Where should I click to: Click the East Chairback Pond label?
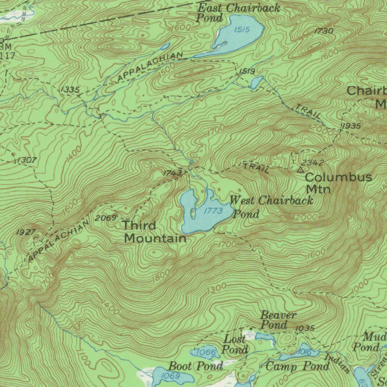tap(238, 12)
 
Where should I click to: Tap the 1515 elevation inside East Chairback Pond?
tap(242, 29)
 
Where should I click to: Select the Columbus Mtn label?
tap(338, 182)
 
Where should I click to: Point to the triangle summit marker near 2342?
tap(300, 170)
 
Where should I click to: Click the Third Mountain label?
tap(155, 232)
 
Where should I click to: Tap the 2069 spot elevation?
tap(105, 218)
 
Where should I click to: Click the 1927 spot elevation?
tap(26, 232)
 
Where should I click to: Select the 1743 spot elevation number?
tap(173, 173)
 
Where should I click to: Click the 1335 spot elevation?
tap(70, 90)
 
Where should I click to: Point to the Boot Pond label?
tap(195, 366)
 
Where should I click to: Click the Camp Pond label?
tap(297, 366)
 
